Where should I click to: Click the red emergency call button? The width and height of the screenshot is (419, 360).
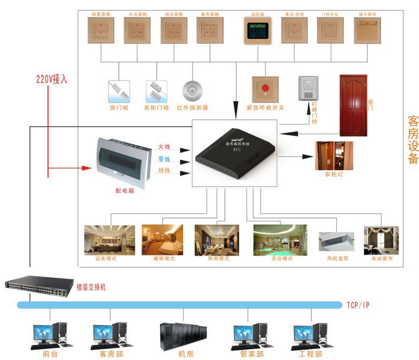(x=265, y=89)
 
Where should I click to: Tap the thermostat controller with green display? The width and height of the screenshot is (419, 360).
(x=258, y=31)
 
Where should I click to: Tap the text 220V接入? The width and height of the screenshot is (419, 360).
(x=53, y=78)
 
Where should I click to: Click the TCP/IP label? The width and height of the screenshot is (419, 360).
(x=358, y=305)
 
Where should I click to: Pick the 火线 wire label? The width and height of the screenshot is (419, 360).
(x=164, y=146)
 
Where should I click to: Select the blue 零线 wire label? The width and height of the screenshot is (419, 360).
(x=164, y=159)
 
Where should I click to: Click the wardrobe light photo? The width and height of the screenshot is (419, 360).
(x=334, y=156)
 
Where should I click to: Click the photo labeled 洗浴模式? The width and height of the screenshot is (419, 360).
(x=280, y=239)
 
